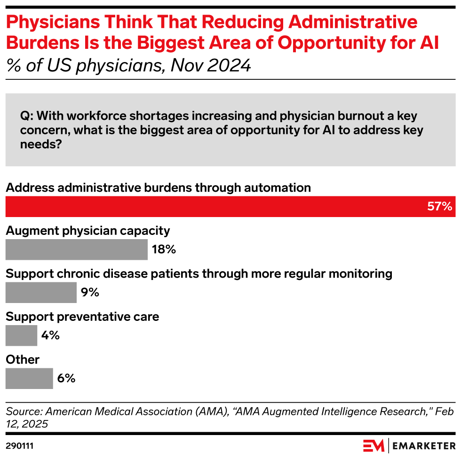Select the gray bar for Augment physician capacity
coord(76,249)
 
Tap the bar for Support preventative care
coord(21,335)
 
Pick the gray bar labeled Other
coord(29,378)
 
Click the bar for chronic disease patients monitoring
coord(41,292)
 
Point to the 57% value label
coord(439,207)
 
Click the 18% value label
coord(164,249)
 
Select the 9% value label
coord(90,292)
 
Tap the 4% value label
coord(50,335)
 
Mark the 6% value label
coord(66,378)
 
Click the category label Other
coord(23,360)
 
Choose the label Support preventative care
coord(82,317)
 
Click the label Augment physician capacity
coord(87,231)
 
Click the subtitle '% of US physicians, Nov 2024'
coord(128,65)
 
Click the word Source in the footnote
coord(24,412)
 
